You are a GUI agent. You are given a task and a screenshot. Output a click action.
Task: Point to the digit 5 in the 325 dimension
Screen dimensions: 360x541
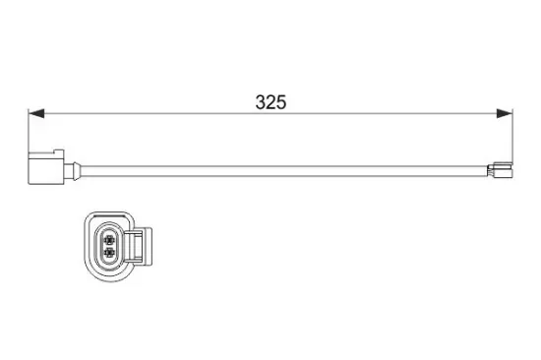280,102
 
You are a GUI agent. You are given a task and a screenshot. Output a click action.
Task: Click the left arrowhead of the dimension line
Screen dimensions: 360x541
36,115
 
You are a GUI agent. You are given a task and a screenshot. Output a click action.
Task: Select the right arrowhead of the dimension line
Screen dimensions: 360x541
506,115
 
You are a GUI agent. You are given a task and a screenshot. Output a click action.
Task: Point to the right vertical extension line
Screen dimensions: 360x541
512,133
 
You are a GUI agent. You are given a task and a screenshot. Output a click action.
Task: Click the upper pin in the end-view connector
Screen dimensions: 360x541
108,237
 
